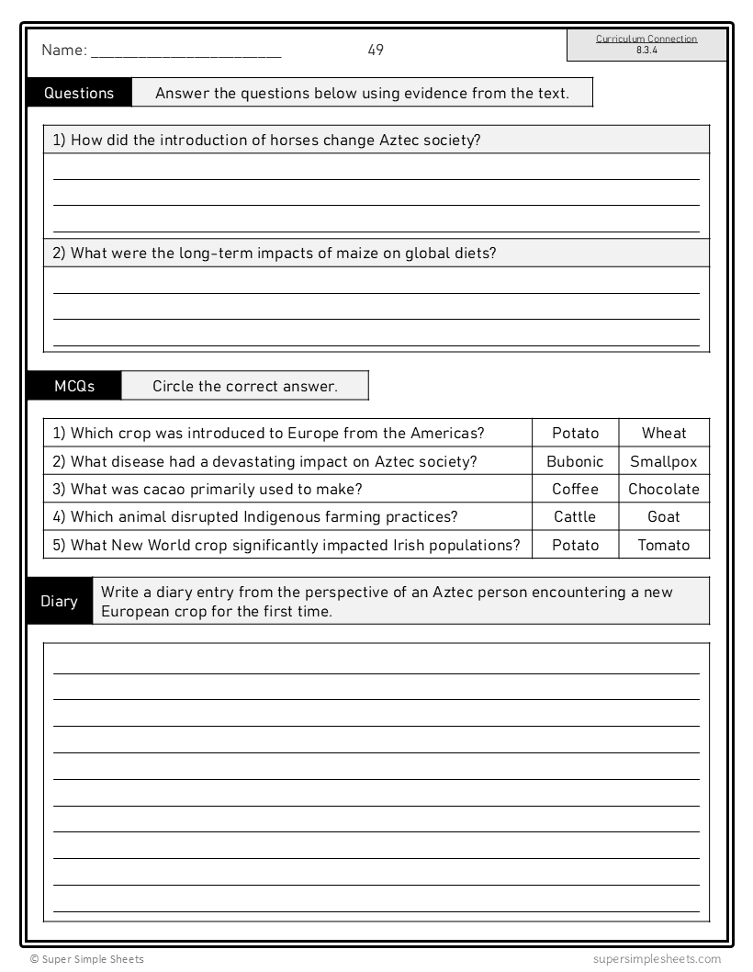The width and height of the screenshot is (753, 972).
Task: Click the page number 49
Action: pyautogui.click(x=376, y=50)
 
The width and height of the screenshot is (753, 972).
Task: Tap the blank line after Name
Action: pyautogui.click(x=186, y=53)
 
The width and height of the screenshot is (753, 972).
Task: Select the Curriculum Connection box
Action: pyautogui.click(x=646, y=45)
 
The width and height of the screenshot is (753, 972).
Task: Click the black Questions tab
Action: pyautogui.click(x=79, y=93)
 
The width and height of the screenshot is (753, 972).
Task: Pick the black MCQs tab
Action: pyautogui.click(x=74, y=386)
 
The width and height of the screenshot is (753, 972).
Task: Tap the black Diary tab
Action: pyautogui.click(x=60, y=601)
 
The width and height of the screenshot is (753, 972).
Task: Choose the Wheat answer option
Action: pyautogui.click(x=664, y=433)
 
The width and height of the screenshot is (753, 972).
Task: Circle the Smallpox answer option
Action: pyautogui.click(x=664, y=461)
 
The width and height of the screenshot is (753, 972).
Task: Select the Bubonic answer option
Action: pyautogui.click(x=575, y=461)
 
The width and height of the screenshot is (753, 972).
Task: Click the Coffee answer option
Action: pyautogui.click(x=575, y=489)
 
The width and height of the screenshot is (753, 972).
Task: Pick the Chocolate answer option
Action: pyautogui.click(x=664, y=489)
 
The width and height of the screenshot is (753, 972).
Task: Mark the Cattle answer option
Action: pyautogui.click(x=575, y=516)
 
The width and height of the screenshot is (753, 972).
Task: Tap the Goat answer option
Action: pyautogui.click(x=664, y=516)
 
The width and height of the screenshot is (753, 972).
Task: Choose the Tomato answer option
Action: pyautogui.click(x=664, y=545)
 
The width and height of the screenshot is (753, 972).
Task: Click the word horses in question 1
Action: pyautogui.click(x=293, y=141)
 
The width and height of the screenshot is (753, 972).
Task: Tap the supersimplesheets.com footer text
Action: pyautogui.click(x=657, y=959)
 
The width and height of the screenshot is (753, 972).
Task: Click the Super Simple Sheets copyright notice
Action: pyautogui.click(x=86, y=959)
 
